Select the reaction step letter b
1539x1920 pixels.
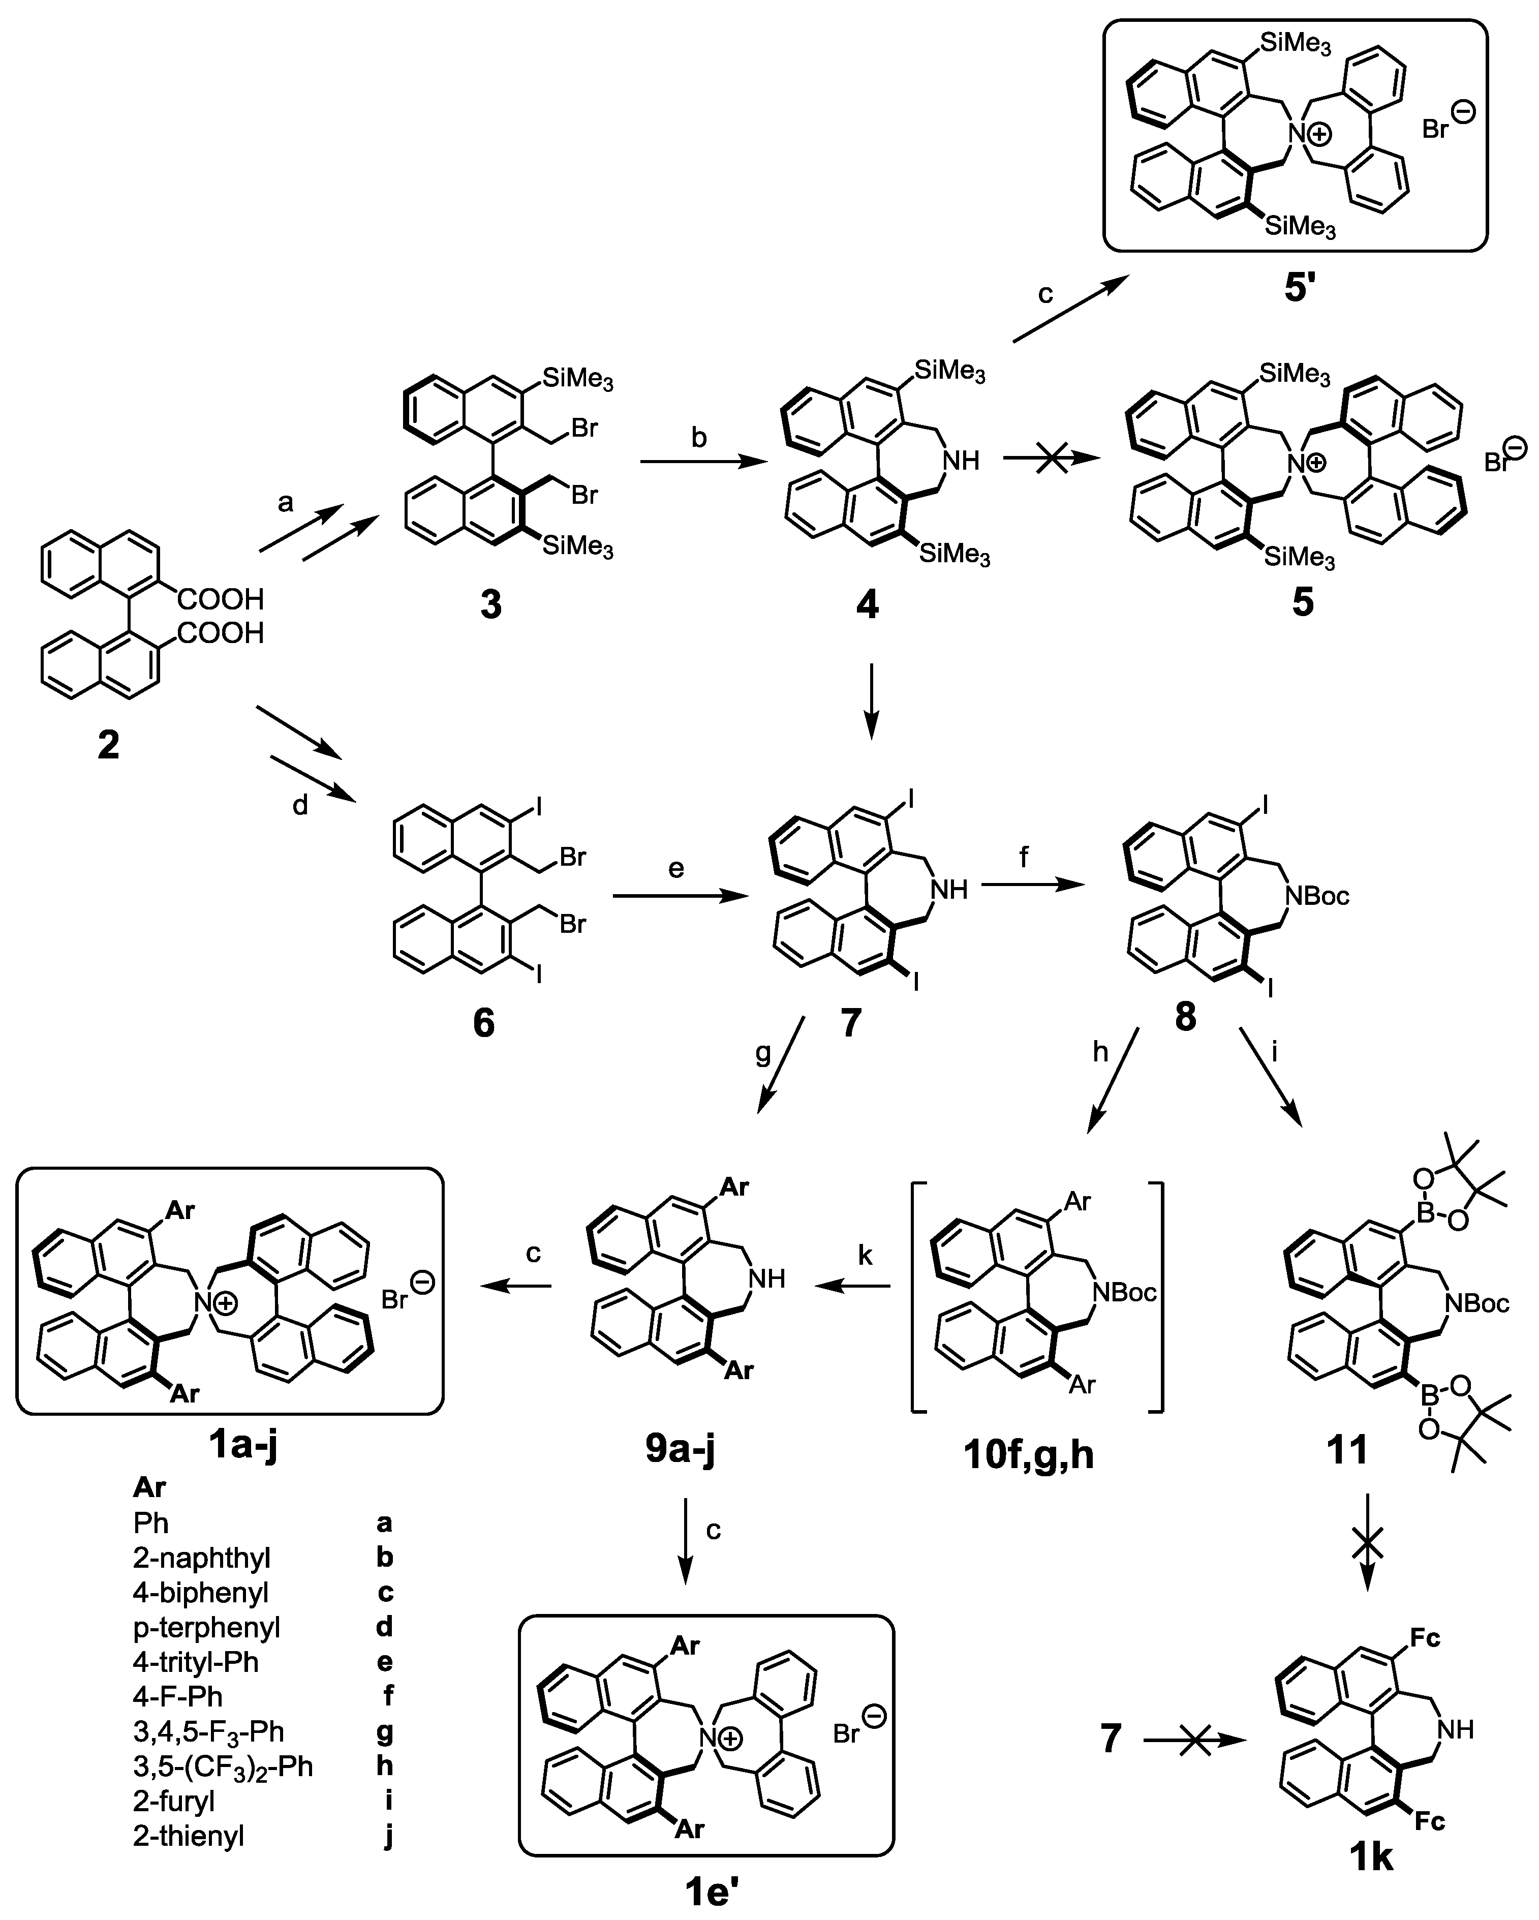[700, 438]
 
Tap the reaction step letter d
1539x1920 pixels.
[300, 806]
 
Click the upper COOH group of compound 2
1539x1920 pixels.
[222, 599]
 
